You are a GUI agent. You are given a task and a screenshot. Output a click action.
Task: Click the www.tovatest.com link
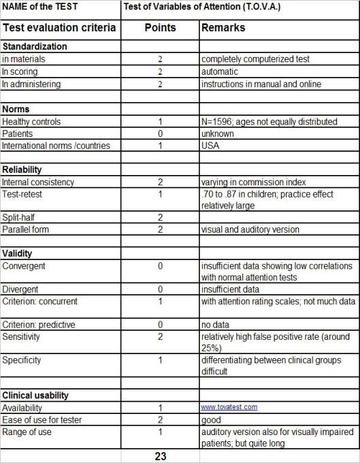coord(229,406)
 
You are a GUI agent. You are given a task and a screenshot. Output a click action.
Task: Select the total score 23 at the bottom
coord(160,456)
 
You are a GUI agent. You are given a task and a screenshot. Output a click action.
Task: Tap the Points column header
coord(160,28)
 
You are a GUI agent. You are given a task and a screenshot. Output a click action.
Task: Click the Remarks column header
coord(223,28)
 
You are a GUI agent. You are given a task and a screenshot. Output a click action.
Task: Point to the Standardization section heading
coord(35,46)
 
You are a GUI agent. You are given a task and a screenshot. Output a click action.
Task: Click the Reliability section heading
coord(22,170)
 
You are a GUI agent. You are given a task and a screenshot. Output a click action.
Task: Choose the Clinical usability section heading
coord(35,394)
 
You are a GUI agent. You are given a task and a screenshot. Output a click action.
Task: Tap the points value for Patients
coord(160,133)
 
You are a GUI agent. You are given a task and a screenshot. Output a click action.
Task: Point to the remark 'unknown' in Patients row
coord(218,133)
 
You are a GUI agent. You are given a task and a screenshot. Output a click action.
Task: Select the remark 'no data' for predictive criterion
coord(216,323)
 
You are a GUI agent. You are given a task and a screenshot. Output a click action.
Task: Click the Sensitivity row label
coord(21,336)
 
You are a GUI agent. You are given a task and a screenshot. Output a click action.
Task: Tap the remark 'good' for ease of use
coord(211,419)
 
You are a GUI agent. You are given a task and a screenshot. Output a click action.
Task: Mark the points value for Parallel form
coord(160,229)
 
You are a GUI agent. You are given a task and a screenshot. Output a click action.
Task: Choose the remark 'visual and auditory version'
coord(250,229)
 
